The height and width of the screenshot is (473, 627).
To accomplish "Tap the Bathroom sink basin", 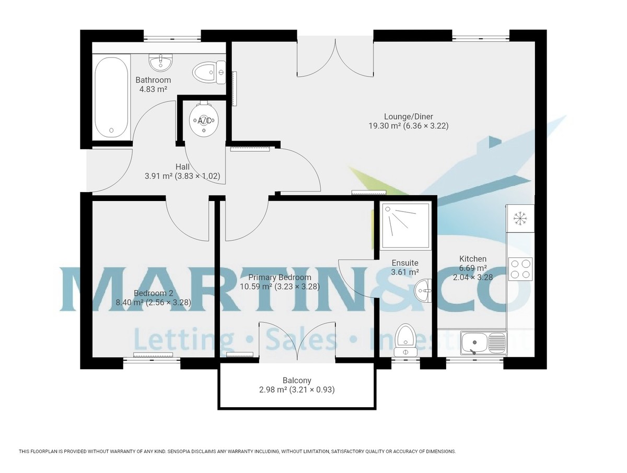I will (160, 63).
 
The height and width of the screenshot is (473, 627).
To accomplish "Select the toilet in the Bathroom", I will (207, 73).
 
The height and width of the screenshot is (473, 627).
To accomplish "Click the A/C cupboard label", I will (204, 121).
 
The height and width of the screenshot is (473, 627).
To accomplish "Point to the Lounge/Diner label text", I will (409, 116).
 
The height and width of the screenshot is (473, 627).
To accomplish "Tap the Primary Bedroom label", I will (280, 277).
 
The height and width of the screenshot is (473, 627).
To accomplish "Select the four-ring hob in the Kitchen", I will (520, 269).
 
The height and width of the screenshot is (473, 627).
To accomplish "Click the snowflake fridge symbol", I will (519, 218).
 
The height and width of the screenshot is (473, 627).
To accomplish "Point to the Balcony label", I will (297, 381).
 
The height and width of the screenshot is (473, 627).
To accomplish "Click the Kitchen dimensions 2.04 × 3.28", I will (472, 277).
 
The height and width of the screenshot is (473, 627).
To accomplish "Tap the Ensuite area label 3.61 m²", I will (405, 272).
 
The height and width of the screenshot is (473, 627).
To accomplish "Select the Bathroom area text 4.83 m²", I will (153, 89).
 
